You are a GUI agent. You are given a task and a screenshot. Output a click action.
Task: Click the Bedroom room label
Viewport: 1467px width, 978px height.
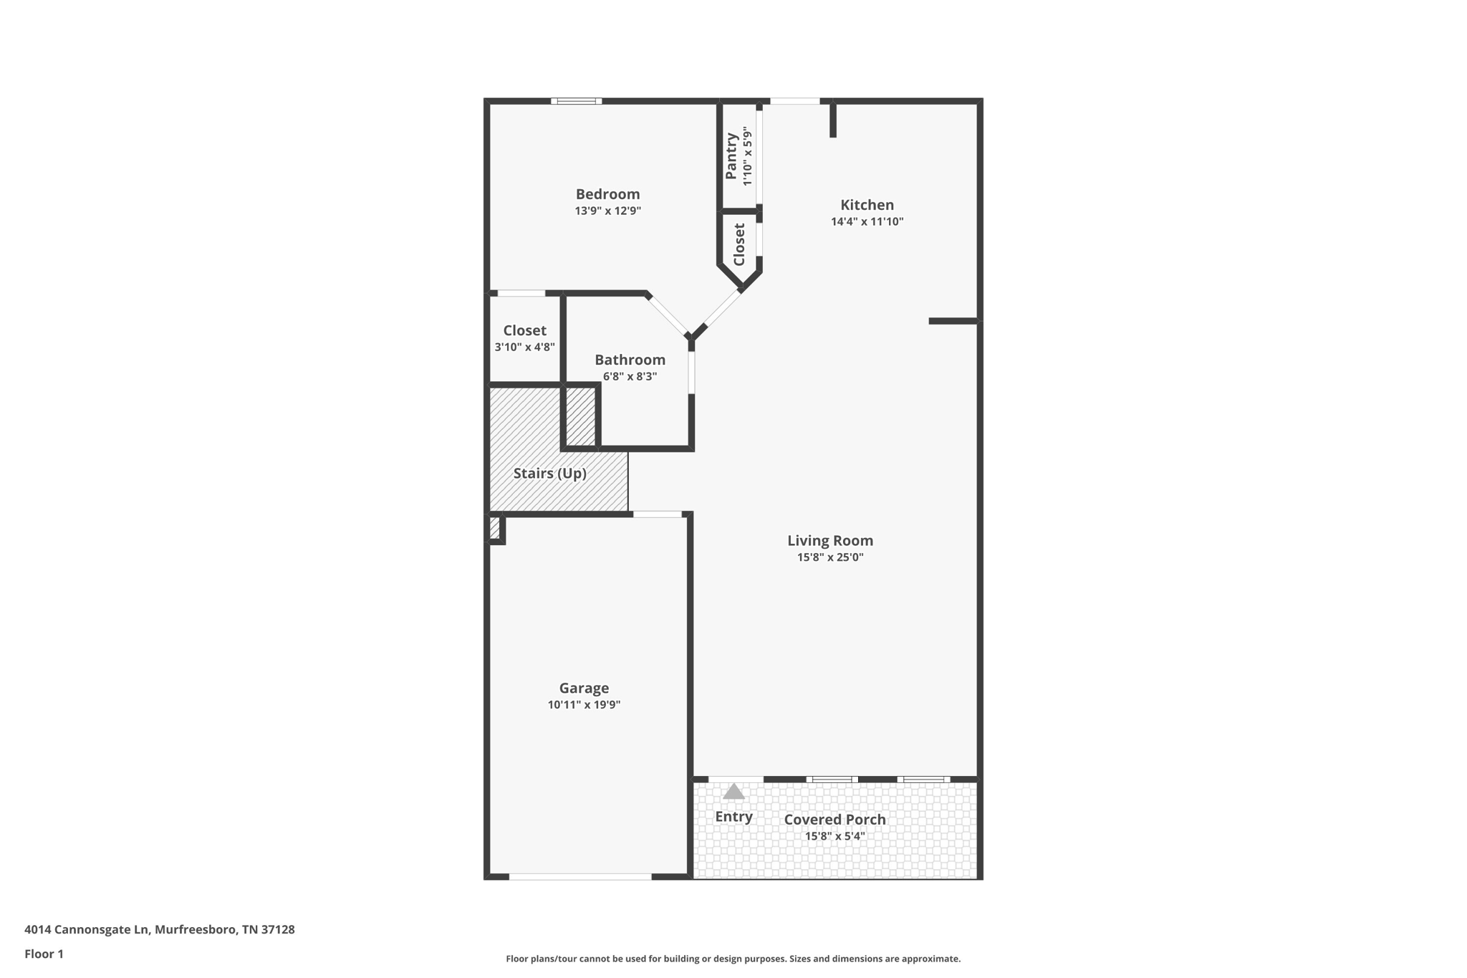click(x=607, y=194)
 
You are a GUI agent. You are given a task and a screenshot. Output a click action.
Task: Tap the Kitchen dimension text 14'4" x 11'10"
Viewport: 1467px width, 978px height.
click(x=867, y=222)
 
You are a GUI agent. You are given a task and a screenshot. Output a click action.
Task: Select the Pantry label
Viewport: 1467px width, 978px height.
click(x=731, y=155)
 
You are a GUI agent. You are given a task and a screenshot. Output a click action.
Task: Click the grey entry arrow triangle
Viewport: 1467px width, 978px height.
click(x=733, y=792)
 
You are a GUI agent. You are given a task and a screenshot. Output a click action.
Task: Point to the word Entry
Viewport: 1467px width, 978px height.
click(x=733, y=817)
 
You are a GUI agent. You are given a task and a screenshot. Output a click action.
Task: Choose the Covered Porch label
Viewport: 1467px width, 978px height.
click(x=834, y=820)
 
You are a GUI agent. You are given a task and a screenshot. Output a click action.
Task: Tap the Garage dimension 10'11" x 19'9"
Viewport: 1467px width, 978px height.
click(x=584, y=705)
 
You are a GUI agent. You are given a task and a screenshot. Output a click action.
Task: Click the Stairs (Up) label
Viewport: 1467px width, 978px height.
click(x=549, y=474)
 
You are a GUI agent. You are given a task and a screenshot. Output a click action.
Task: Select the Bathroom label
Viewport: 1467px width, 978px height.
click(x=630, y=360)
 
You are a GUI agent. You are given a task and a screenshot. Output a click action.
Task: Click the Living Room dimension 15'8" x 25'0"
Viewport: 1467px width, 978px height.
click(x=830, y=557)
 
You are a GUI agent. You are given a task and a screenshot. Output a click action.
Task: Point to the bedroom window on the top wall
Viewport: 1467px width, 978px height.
click(x=576, y=101)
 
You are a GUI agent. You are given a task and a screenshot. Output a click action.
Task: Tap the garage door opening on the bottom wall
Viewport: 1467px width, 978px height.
click(x=580, y=876)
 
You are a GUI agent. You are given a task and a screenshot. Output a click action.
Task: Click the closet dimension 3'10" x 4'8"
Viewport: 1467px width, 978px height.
click(x=524, y=347)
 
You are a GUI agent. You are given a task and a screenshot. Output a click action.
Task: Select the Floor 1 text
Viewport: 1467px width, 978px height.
click(x=44, y=954)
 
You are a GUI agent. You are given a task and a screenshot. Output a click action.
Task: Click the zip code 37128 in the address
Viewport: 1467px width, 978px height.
click(x=277, y=929)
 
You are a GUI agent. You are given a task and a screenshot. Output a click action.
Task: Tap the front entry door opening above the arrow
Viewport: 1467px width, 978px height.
click(x=736, y=779)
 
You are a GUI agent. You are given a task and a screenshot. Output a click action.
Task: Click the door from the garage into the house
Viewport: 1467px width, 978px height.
click(x=658, y=514)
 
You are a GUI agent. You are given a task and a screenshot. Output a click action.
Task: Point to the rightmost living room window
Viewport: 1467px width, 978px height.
click(x=923, y=779)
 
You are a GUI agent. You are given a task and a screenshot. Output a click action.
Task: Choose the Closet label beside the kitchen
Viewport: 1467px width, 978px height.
click(x=739, y=244)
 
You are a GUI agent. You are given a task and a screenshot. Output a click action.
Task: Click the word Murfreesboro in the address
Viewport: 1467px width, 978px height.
click(x=195, y=929)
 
